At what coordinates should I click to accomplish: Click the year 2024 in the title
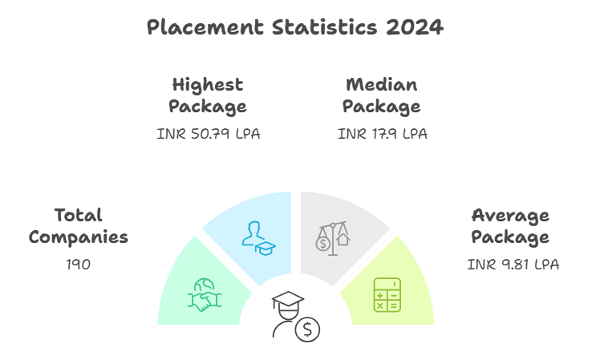click(414, 27)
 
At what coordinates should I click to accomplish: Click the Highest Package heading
click(208, 95)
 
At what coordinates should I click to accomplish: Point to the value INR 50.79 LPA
click(208, 134)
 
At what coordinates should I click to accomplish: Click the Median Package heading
click(382, 95)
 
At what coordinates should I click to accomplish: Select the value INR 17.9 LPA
click(383, 134)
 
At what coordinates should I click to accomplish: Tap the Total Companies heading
click(79, 226)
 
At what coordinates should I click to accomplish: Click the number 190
click(79, 263)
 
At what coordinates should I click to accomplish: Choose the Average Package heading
click(510, 226)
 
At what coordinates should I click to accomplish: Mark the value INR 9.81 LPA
click(513, 263)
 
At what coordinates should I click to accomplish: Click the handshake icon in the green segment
click(205, 294)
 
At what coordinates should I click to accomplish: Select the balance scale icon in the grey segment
click(333, 237)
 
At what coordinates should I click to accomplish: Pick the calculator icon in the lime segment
click(387, 294)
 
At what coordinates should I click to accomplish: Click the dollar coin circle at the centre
click(307, 329)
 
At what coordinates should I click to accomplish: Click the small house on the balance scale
click(343, 239)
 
